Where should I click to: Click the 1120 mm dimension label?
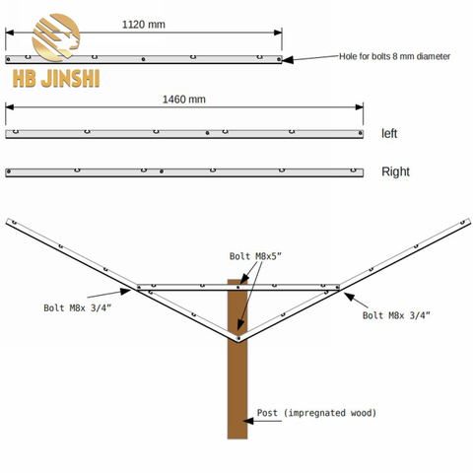144,25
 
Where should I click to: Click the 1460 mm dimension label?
184,100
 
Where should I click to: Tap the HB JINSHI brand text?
56,79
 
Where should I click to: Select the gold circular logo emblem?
56,37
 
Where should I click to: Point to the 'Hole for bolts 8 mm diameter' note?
394,56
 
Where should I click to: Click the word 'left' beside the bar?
389,134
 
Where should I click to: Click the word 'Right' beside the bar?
395,171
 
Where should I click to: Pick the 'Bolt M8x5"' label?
255,256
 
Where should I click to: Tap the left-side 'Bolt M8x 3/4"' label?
78,307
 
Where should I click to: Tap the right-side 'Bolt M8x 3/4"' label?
396,315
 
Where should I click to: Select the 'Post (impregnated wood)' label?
316,413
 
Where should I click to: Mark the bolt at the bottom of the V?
238,338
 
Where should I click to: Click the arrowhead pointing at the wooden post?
248,421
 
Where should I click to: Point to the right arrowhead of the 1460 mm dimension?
359,107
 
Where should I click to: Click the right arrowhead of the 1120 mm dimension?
278,33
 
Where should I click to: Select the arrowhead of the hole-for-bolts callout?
288,60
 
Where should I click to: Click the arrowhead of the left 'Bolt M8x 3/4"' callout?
125,292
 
